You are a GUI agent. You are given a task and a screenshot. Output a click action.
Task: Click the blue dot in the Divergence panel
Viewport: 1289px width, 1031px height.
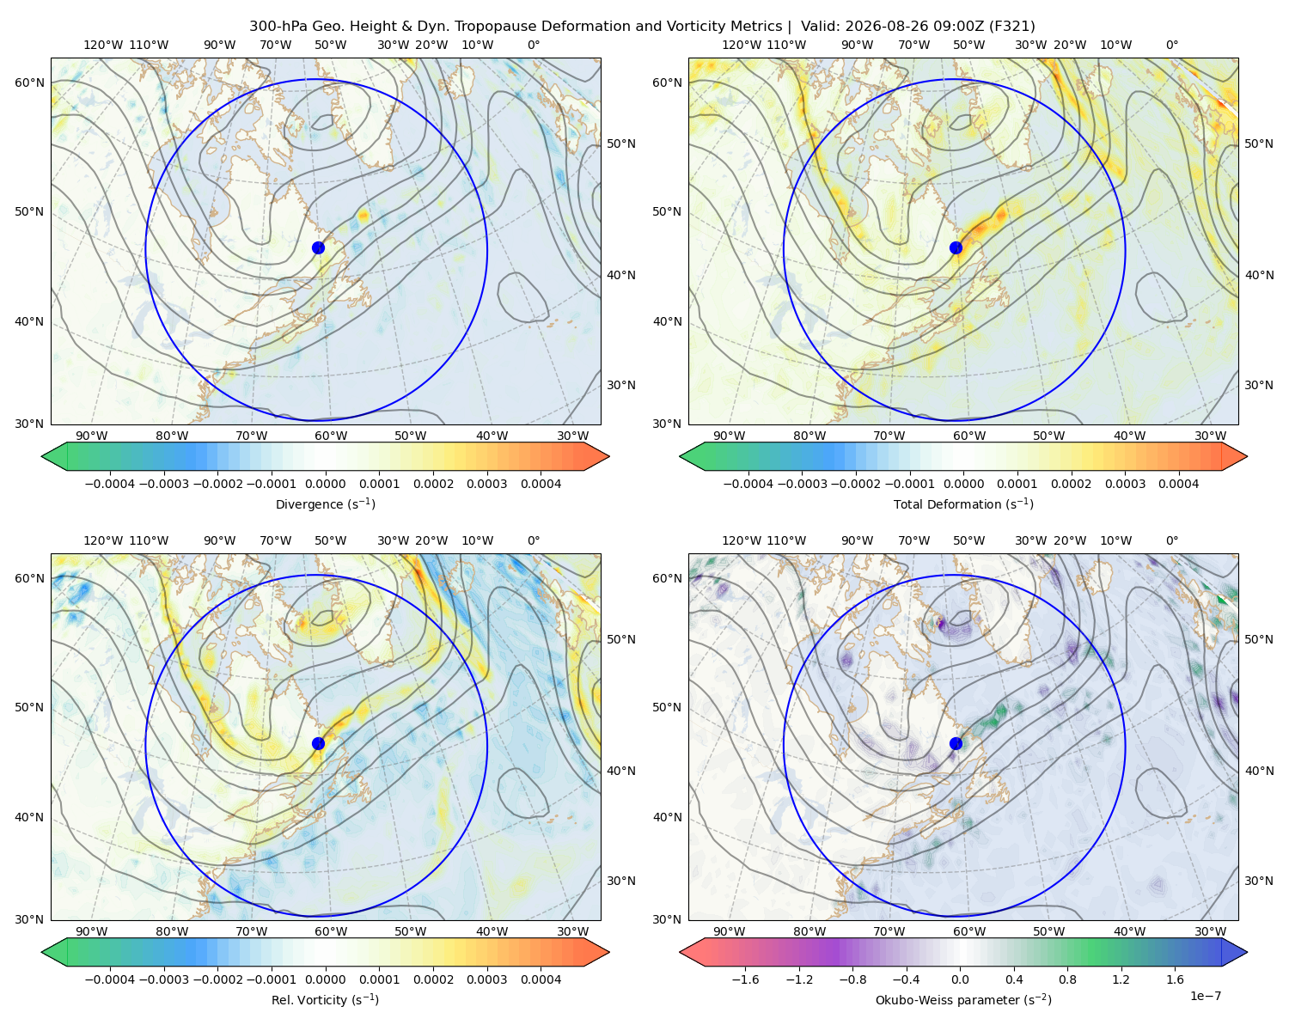tap(318, 247)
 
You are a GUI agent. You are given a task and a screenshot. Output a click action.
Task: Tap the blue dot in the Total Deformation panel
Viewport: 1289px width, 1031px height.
tap(956, 247)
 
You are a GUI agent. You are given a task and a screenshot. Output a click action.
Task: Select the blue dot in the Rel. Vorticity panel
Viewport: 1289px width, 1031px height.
tap(318, 743)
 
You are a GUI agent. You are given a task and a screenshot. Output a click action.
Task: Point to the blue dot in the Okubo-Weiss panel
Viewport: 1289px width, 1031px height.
tap(956, 743)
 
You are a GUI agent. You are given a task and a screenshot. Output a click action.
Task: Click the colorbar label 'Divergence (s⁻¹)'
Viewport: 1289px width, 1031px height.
tap(325, 503)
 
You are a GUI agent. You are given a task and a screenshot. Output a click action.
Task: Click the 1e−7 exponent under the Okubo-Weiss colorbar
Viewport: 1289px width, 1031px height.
tap(1205, 996)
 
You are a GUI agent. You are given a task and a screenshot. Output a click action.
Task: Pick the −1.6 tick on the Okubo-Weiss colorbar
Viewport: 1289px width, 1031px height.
tap(745, 979)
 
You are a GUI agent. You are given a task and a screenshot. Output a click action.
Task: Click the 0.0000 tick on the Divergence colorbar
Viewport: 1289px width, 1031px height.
tap(325, 484)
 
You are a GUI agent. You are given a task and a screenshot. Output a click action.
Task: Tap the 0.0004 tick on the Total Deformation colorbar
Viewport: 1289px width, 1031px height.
tap(1178, 484)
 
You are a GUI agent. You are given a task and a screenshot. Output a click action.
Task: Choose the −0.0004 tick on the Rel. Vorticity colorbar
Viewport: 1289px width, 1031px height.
tap(110, 979)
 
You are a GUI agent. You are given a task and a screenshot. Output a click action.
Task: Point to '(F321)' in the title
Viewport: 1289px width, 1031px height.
tap(1011, 27)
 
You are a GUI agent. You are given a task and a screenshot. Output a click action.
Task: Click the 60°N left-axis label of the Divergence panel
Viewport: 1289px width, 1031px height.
tap(29, 82)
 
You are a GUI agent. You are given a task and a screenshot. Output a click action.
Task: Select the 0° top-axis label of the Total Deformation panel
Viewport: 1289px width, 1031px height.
tap(1171, 45)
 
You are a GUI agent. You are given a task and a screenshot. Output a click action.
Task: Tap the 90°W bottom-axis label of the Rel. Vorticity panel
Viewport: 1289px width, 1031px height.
tap(92, 931)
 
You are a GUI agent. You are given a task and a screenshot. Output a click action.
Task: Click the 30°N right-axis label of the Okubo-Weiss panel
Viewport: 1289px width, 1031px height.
tap(1259, 881)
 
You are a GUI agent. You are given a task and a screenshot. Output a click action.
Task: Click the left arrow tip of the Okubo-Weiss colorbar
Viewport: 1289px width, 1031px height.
tap(680, 952)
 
